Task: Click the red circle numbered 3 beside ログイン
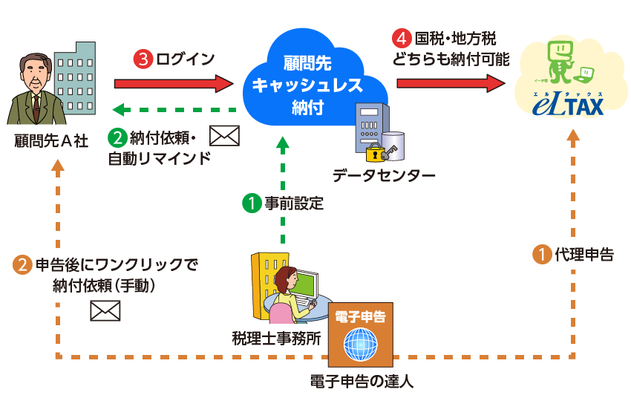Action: (142, 59)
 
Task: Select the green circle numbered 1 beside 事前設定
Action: (252, 203)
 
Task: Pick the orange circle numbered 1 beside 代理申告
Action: (543, 255)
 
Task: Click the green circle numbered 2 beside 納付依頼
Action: (117, 137)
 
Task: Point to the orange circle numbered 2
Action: (23, 265)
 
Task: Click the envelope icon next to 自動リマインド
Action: (225, 135)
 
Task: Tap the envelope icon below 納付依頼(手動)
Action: (105, 311)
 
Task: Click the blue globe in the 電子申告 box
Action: (360, 345)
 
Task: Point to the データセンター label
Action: (384, 175)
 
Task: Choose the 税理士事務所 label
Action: (276, 339)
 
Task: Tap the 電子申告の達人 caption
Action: (361, 382)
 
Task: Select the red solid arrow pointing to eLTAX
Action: (454, 82)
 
